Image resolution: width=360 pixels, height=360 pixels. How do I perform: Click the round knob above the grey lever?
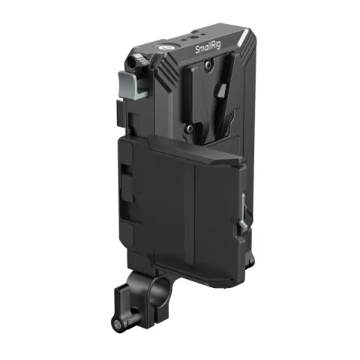click(136, 60)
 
